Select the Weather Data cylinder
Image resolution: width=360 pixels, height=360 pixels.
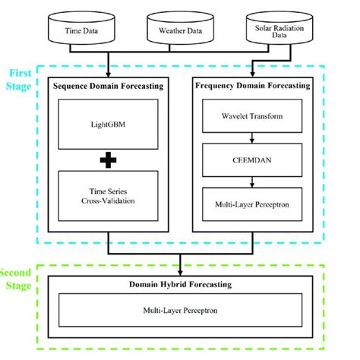click(180, 28)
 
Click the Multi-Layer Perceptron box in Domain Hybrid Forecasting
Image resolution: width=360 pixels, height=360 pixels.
click(181, 311)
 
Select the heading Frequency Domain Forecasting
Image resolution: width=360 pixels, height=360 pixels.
click(252, 87)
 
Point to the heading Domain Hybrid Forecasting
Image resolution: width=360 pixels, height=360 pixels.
click(181, 286)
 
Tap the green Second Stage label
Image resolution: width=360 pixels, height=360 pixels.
click(17, 278)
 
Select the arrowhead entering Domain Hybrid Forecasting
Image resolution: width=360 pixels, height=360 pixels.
click(181, 271)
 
